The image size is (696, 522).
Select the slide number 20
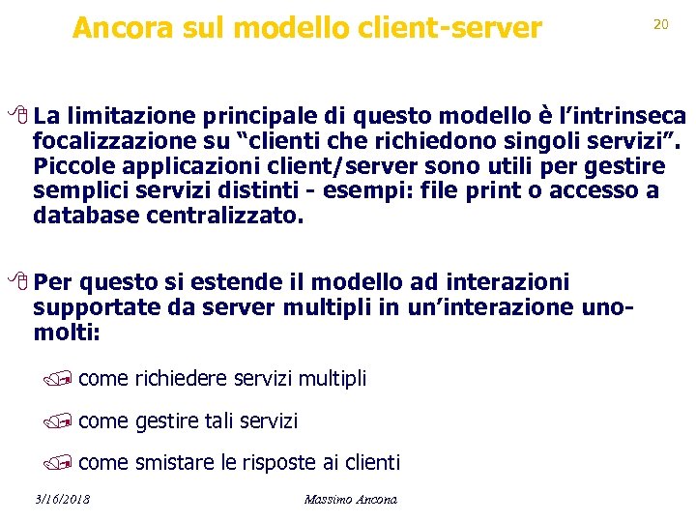[x=661, y=24]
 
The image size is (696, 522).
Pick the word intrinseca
[x=627, y=117]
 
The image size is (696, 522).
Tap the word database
[x=86, y=216]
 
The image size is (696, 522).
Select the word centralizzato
[x=224, y=216]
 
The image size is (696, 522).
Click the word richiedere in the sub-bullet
[x=184, y=379]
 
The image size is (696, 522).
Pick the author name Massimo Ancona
[x=350, y=499]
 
